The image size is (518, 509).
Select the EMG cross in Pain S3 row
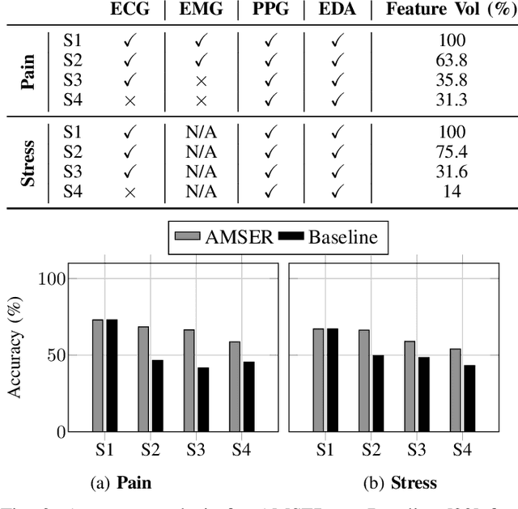point(202,80)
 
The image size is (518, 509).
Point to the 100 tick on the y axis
point(49,278)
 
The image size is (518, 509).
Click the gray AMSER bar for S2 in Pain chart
point(143,379)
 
